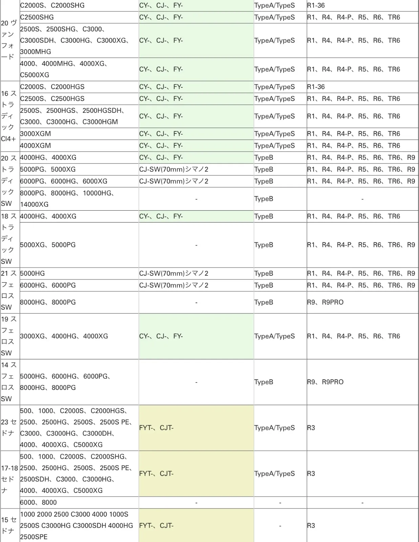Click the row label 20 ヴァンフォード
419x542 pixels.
9,40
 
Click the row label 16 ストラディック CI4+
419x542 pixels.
9,116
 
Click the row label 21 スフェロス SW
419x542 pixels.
9,290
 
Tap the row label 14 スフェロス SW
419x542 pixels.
9,382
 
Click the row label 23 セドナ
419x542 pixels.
9,428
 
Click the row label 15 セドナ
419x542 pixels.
9,525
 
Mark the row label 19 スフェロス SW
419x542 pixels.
9,336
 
